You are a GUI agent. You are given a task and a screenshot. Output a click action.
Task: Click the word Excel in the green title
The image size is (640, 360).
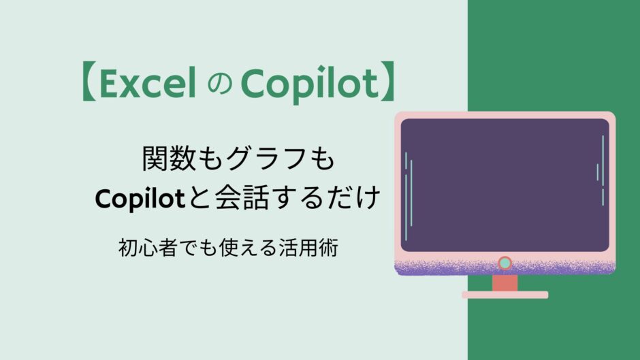pos(147,83)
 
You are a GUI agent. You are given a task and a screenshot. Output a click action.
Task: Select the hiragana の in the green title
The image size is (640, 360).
pos(220,85)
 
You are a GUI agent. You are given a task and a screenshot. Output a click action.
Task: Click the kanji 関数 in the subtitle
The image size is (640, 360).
pos(169,159)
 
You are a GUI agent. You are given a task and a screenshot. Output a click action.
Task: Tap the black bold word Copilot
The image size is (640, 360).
pos(140,198)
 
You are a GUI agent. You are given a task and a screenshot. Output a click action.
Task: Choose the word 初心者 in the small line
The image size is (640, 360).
pos(147,248)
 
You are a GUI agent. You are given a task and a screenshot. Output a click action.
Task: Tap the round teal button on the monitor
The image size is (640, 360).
pos(505,263)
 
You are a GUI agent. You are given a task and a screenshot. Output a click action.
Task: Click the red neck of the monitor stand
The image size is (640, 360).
pos(505,283)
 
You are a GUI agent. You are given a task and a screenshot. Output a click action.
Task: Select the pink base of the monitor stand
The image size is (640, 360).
pos(505,295)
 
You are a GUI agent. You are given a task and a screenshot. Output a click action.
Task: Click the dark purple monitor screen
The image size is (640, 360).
pos(505,185)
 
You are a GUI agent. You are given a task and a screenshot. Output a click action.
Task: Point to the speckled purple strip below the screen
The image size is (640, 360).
pos(505,267)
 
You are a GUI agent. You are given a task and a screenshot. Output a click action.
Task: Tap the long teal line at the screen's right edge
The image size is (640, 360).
pos(603,160)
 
